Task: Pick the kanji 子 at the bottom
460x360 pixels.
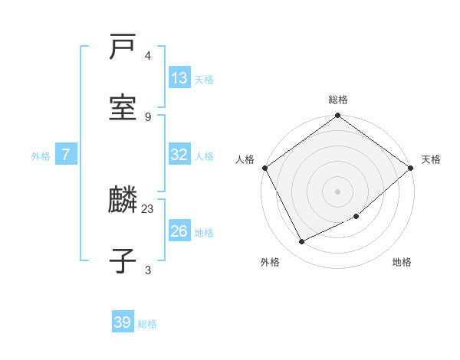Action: pos(123,260)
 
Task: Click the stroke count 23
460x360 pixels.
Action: pos(148,208)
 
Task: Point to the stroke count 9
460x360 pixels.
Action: pos(148,116)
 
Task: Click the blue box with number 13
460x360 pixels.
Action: pos(179,78)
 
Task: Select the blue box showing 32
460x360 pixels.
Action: pos(179,155)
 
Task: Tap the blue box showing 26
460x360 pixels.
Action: pos(179,231)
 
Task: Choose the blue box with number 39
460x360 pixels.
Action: pos(123,322)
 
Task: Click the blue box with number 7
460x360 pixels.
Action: pos(66,155)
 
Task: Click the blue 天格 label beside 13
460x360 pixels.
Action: pos(203,80)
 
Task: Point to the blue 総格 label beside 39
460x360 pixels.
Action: pos(147,324)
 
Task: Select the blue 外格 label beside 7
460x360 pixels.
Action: pos(41,156)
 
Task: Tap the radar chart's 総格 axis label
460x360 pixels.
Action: pos(338,100)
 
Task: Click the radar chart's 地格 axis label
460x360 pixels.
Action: pos(402,262)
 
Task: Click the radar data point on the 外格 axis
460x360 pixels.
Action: pos(302,242)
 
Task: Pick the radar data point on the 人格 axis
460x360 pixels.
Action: pos(264,168)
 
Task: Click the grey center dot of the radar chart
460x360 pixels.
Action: pos(338,191)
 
